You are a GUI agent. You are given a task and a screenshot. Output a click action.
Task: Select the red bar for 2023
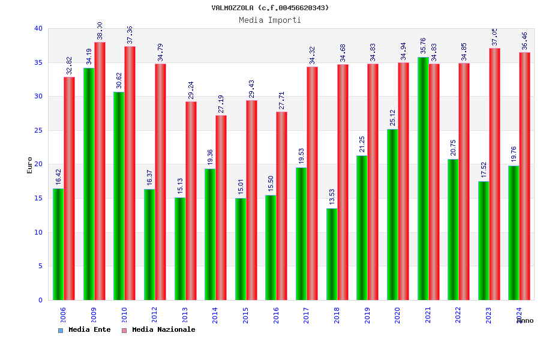coord(494,174)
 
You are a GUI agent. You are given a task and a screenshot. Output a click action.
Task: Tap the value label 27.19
coord(221,103)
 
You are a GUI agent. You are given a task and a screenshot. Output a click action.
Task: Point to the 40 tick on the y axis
coord(38,28)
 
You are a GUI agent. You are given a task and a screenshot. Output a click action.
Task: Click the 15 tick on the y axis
coord(38,198)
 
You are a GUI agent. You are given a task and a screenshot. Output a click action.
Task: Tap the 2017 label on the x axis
coord(307,316)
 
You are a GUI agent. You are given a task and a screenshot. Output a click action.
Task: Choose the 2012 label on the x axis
coord(154,316)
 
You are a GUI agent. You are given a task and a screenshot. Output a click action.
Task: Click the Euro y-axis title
coord(29,165)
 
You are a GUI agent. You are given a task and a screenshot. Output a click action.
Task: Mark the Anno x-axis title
coord(524,320)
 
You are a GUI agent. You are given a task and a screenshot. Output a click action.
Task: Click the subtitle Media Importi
coord(270,20)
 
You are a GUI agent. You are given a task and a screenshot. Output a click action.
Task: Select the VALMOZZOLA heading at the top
coord(270,8)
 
